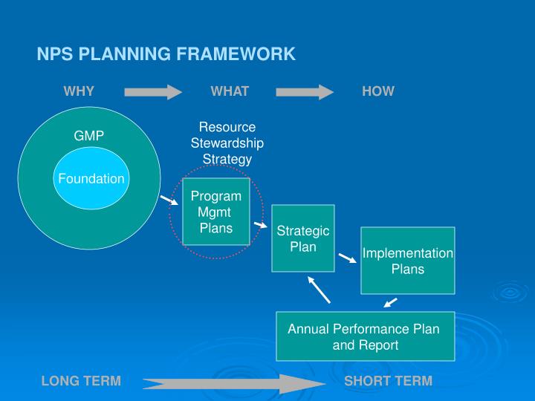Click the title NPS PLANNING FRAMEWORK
click(x=166, y=54)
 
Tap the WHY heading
click(x=79, y=91)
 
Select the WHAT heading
click(x=230, y=91)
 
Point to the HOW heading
click(x=378, y=91)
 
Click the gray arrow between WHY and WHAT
click(x=153, y=92)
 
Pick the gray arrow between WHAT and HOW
click(x=305, y=92)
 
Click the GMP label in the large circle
click(x=88, y=136)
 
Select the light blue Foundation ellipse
click(x=91, y=178)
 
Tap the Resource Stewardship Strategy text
click(x=227, y=143)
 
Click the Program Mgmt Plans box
click(x=216, y=212)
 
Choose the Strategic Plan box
click(x=303, y=238)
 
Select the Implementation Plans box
click(x=408, y=261)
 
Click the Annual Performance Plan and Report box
click(x=366, y=336)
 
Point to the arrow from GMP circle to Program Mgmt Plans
click(x=169, y=200)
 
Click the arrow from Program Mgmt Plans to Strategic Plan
click(x=261, y=225)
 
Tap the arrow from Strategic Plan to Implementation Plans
click(x=348, y=258)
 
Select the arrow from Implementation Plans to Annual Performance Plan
click(x=390, y=303)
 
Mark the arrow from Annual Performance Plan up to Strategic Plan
click(x=319, y=290)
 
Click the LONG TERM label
click(x=81, y=381)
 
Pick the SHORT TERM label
click(x=389, y=381)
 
